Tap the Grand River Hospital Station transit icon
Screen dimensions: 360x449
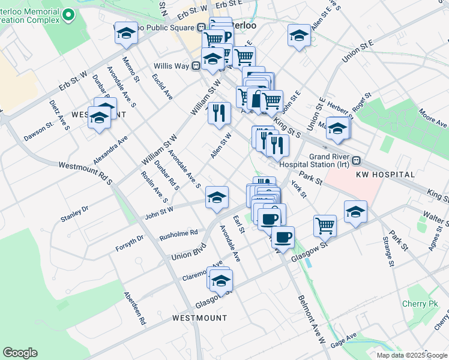coord(357,161)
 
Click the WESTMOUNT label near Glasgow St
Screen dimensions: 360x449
coord(200,317)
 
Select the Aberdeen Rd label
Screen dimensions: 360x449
coord(134,308)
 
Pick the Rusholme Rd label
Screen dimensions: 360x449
coord(178,233)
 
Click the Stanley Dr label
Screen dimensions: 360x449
coord(74,213)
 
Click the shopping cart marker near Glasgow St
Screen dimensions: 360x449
coord(325,226)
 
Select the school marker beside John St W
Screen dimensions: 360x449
coord(217,196)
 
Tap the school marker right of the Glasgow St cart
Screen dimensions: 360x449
coord(355,211)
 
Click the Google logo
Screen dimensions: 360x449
coord(20,353)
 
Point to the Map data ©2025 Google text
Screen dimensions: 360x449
coord(411,355)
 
